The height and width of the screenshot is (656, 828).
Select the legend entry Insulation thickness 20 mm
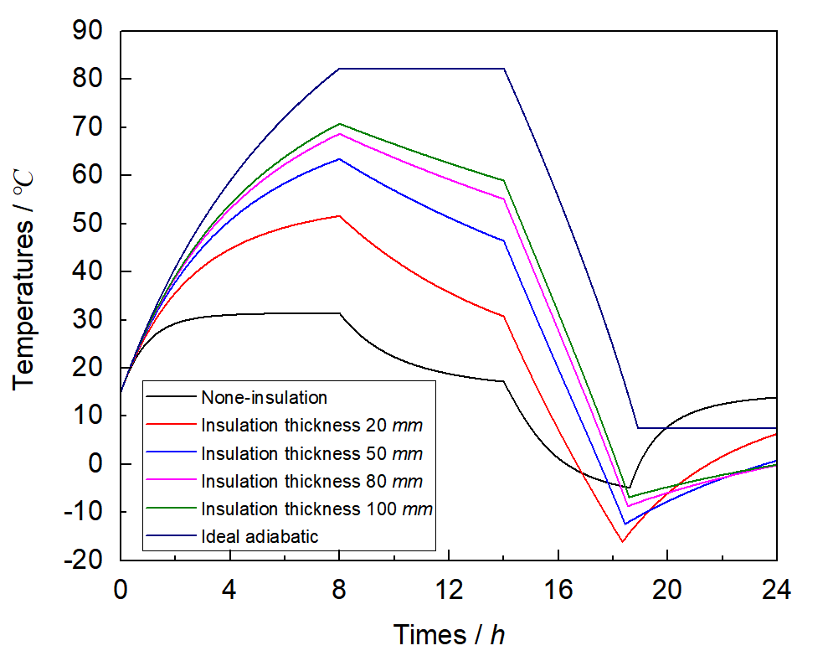311,425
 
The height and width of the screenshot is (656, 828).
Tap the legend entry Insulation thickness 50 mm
311,453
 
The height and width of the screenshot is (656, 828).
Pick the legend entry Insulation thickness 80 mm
311,481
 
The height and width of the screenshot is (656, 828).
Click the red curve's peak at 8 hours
339,216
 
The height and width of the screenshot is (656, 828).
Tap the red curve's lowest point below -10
622,541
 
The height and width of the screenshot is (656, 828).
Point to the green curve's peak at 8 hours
339,124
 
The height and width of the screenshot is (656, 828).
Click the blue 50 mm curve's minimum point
625,524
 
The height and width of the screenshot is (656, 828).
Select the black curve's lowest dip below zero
629,488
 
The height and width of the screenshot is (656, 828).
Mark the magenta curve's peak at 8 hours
339,134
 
